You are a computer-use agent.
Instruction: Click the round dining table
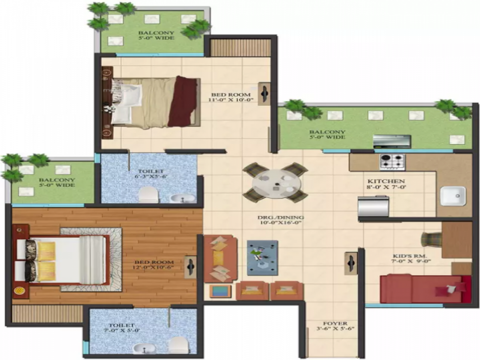pos(276,183)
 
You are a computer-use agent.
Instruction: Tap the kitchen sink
pos(453,196)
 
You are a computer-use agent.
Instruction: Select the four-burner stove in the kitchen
pos(392,162)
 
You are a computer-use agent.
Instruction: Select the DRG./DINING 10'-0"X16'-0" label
pos(280,220)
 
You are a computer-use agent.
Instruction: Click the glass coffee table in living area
pos(262,258)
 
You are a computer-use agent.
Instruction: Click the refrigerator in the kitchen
pos(373,207)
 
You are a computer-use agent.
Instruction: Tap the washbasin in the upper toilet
pos(182,197)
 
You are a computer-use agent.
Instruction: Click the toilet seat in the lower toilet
pos(178,345)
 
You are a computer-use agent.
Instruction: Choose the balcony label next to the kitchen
pos(327,134)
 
